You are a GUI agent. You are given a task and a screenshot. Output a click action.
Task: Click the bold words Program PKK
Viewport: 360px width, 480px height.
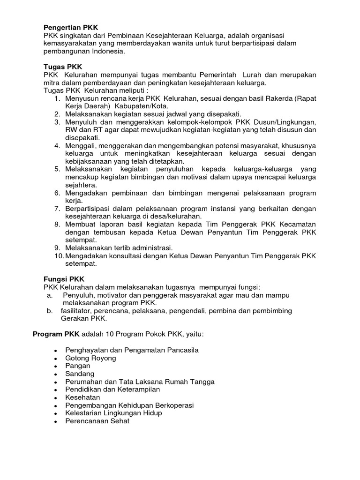[x=56, y=334]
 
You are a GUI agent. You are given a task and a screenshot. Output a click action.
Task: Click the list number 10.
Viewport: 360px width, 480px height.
[x=58, y=255]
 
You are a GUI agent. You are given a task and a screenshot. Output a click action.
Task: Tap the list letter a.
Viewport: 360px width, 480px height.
[x=49, y=295]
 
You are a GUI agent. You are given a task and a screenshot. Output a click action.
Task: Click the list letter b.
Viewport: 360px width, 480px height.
[x=49, y=311]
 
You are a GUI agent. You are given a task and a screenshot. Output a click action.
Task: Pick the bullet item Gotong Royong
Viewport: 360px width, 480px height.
[x=91, y=358]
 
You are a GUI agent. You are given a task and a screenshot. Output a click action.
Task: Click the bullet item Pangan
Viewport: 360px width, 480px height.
[x=78, y=366]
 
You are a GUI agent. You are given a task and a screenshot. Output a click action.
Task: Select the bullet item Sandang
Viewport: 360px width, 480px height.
[x=80, y=374]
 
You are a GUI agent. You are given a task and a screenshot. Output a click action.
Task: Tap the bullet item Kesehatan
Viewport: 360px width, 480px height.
[x=83, y=397]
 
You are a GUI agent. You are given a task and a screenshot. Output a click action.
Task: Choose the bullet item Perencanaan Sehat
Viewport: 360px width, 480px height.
[x=97, y=421]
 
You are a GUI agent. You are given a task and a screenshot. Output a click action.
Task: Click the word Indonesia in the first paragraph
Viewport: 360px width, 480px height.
[x=109, y=52]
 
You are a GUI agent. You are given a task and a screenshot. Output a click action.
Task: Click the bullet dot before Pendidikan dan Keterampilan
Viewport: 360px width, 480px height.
[x=56, y=390]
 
